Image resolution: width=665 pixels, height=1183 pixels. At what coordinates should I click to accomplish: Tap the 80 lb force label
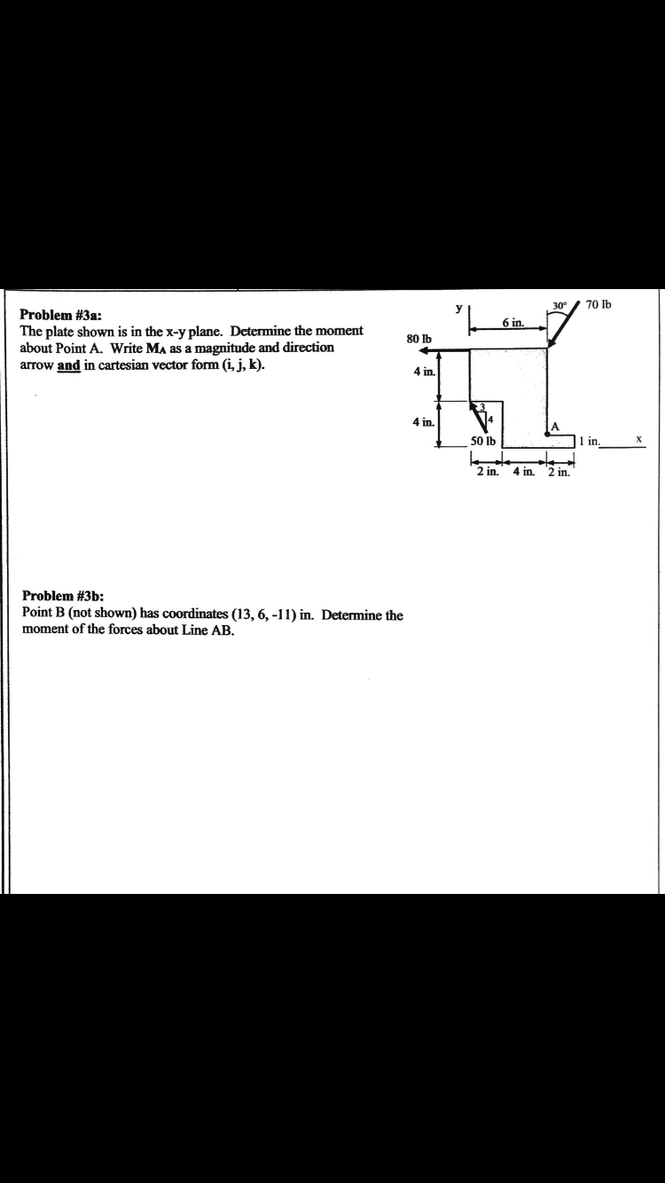(419, 339)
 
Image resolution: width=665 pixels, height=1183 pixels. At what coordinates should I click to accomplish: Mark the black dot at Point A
(548, 434)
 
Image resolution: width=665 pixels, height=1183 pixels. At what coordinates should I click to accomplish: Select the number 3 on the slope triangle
(482, 407)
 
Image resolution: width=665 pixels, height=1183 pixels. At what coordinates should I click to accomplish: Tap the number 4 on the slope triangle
(489, 419)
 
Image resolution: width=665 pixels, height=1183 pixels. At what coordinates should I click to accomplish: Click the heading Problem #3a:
(60, 315)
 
